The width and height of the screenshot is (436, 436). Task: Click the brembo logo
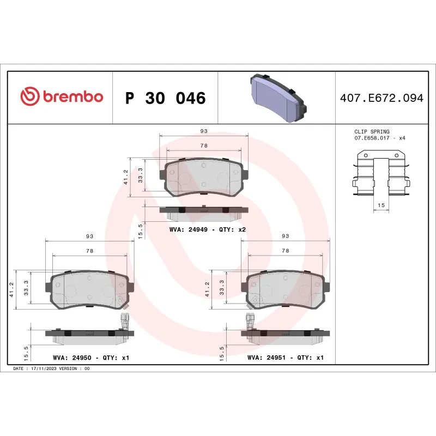[x=62, y=97]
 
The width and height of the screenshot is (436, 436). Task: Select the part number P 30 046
[x=165, y=98]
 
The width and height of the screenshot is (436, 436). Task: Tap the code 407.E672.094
[x=381, y=98]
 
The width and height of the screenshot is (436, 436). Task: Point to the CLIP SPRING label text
[x=372, y=132]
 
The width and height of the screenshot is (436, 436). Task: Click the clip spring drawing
[x=381, y=174]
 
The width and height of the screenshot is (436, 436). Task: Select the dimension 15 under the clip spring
[x=381, y=205]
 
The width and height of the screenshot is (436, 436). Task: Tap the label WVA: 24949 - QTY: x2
[x=208, y=229]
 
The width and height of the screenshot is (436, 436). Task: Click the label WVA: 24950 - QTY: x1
[x=90, y=358]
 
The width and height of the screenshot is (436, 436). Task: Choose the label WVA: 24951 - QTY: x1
[x=286, y=358]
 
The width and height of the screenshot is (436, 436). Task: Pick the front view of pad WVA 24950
[x=89, y=289]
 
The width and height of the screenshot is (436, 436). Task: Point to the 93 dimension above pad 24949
[x=204, y=131]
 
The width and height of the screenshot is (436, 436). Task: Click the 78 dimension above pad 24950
[x=89, y=251]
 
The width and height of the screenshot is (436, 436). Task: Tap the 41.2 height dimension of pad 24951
[x=208, y=289]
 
